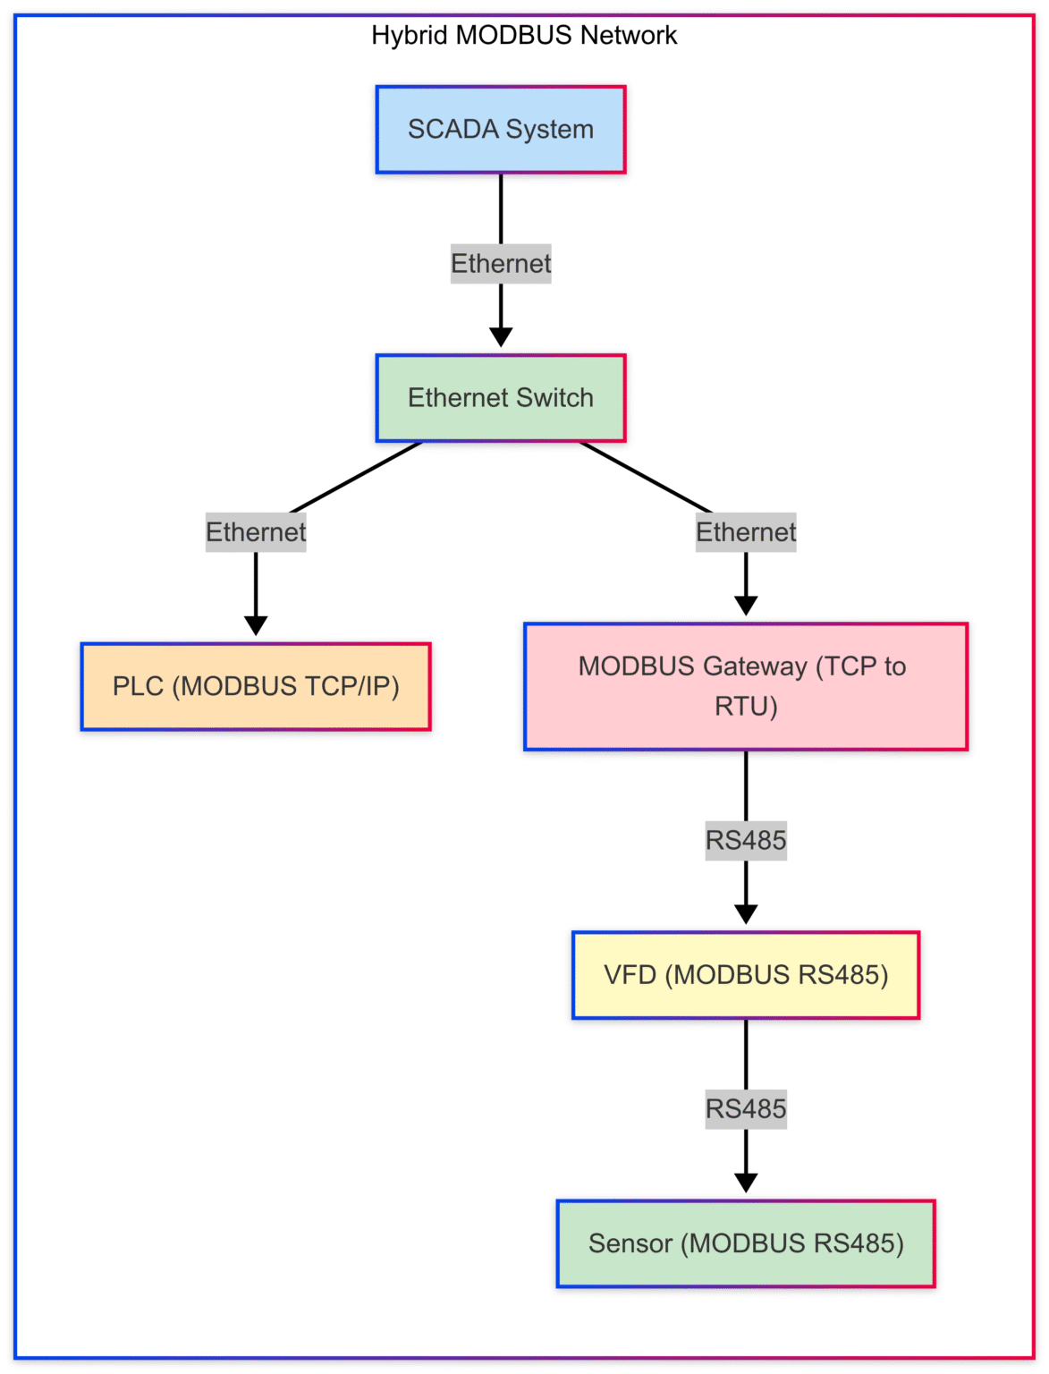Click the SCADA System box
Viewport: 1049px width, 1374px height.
point(500,130)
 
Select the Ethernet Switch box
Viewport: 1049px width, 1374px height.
point(500,398)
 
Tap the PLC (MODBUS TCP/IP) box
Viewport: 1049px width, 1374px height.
point(256,687)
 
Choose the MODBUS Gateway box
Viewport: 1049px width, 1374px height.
point(745,687)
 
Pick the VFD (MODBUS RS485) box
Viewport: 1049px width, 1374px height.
point(745,975)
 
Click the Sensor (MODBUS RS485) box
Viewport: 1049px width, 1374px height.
point(745,1243)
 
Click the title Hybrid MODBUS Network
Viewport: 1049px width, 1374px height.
point(524,36)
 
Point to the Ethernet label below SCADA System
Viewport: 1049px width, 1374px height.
point(501,264)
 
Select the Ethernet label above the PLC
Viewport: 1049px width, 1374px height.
point(256,532)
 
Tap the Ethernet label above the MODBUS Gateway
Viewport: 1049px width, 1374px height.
point(746,532)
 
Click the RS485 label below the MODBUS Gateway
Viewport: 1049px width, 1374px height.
point(746,841)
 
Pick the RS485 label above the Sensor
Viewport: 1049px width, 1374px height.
point(746,1109)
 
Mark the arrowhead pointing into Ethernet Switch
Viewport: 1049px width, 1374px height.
point(501,337)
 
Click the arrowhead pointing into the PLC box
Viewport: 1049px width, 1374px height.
point(256,625)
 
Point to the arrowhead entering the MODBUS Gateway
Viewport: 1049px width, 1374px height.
point(746,606)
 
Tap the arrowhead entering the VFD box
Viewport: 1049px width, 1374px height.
point(746,914)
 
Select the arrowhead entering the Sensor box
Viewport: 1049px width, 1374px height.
point(746,1183)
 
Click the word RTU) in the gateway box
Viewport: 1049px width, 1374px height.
point(746,707)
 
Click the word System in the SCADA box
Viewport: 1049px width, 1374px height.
point(549,130)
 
